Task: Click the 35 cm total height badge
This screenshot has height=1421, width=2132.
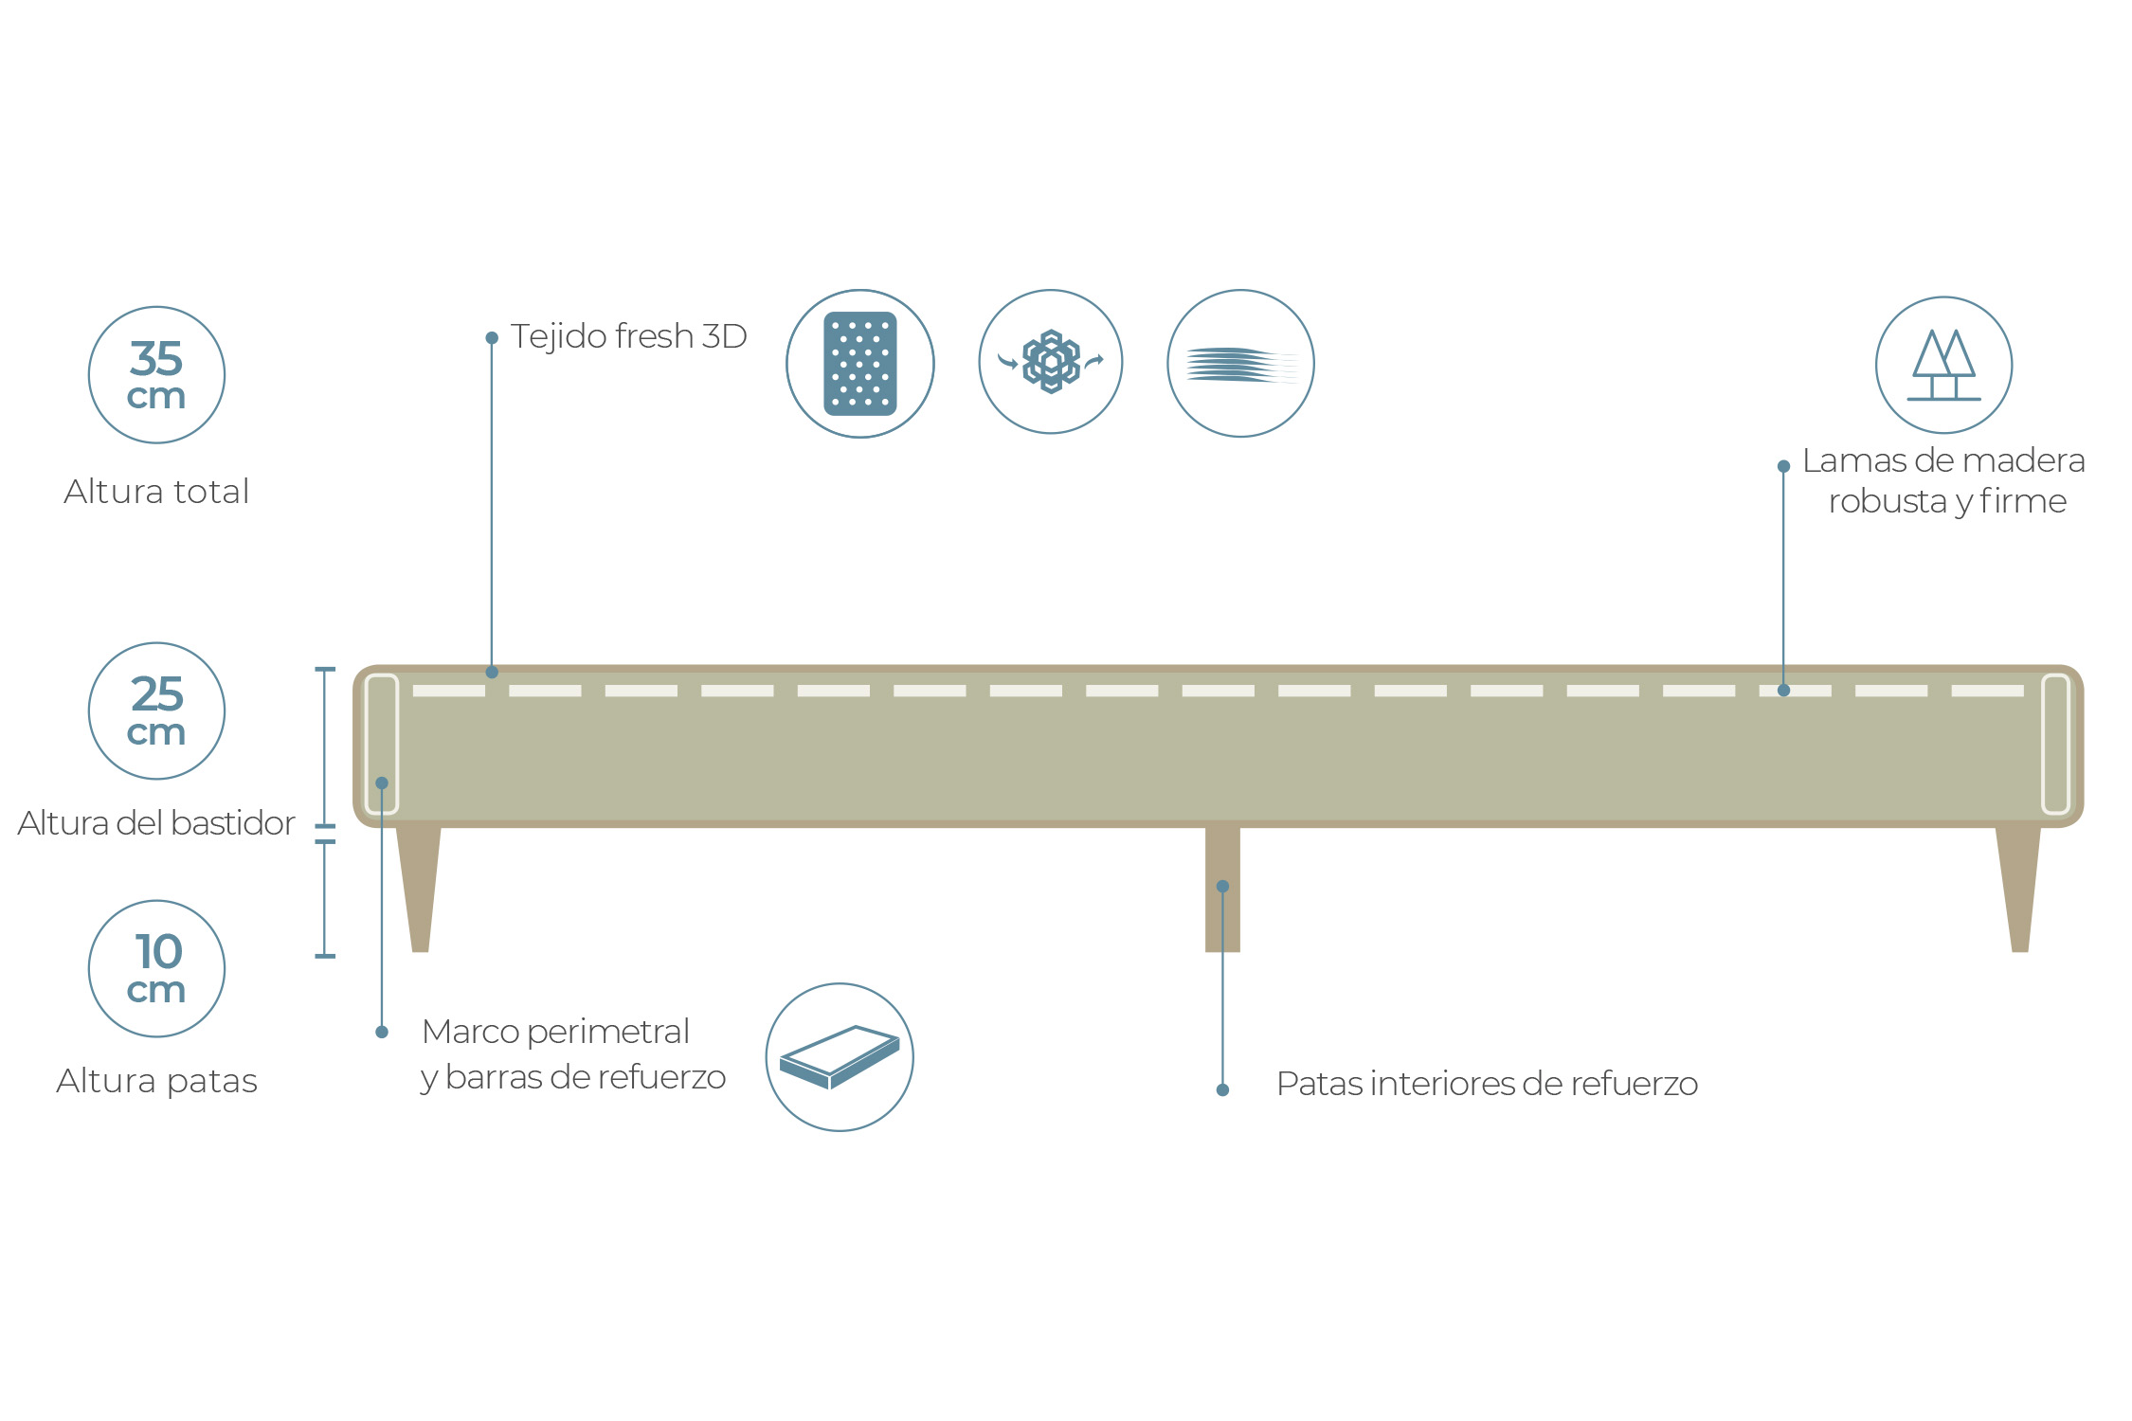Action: tap(156, 375)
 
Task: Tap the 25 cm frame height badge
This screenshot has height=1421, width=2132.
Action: tap(156, 711)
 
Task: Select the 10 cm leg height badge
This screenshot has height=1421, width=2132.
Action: tap(156, 969)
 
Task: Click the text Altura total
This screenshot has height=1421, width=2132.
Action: tap(156, 492)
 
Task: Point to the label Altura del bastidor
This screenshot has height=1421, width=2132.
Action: tap(156, 823)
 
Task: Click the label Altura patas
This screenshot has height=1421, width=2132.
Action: tap(156, 1081)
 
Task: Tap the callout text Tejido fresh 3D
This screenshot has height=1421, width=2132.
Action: tap(628, 336)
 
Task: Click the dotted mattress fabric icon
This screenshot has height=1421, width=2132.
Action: tap(860, 364)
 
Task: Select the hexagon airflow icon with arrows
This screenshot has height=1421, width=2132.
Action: tap(1051, 362)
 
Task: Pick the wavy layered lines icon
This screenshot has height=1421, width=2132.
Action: tap(1240, 364)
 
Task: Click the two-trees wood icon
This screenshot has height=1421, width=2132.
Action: tap(1944, 366)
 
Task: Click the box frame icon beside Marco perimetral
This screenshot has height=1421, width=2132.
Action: tap(840, 1057)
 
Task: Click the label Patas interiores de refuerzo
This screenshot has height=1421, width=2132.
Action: tap(1487, 1084)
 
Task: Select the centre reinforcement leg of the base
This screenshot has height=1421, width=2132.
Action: tap(1222, 890)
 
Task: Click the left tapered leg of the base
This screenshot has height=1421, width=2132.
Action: tap(419, 889)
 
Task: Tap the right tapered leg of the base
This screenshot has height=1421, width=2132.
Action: tap(2018, 889)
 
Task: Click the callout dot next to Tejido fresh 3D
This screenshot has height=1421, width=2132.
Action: tap(492, 337)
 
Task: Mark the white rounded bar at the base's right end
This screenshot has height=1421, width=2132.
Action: tap(2055, 744)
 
